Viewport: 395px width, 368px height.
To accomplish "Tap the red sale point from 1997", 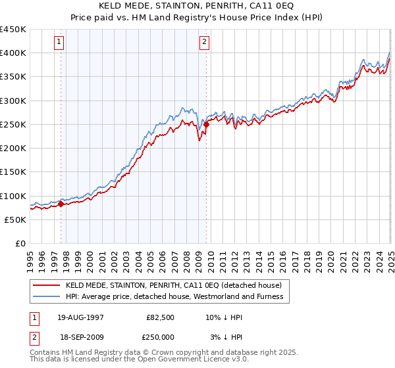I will (61, 204).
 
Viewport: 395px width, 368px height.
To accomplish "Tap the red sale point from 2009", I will (206, 124).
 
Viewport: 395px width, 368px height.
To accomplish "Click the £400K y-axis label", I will (13, 53).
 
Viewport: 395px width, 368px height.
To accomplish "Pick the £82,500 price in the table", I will (160, 317).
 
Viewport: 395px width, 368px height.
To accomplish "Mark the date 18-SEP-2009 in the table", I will (80, 337).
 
